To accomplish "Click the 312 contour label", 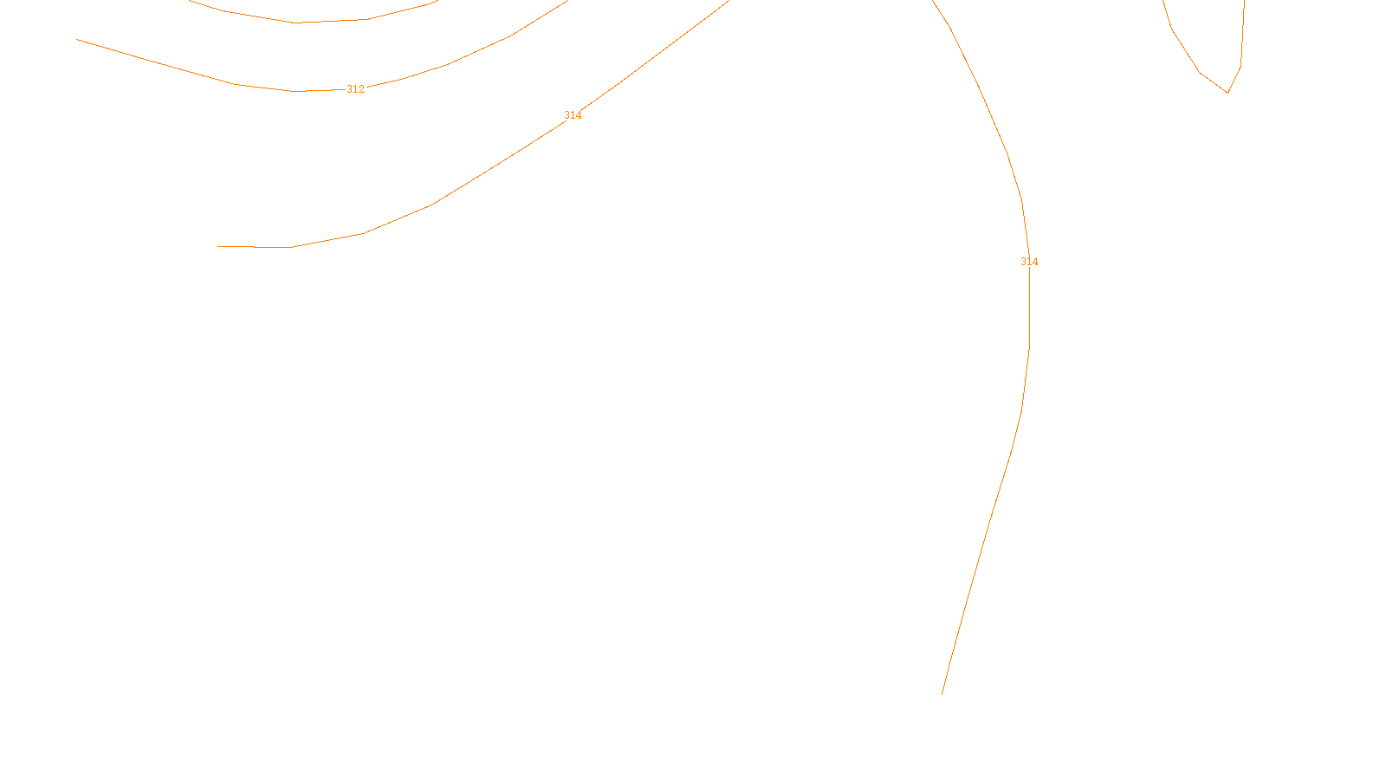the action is tap(355, 89).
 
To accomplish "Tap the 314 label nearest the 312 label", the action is tap(573, 115).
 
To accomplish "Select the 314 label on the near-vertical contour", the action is tap(1029, 262).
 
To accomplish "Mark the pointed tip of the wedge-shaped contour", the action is tap(1227, 92).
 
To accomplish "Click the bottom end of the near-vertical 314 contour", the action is tap(942, 693).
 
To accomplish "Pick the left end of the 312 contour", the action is tap(78, 40).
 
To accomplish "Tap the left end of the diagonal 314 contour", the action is tap(218, 247).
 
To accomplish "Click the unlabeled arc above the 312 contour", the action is tap(295, 23).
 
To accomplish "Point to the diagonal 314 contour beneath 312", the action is tap(433, 205).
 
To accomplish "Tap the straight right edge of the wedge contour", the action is tap(1243, 35).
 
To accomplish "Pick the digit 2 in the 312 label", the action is tap(361, 89).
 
